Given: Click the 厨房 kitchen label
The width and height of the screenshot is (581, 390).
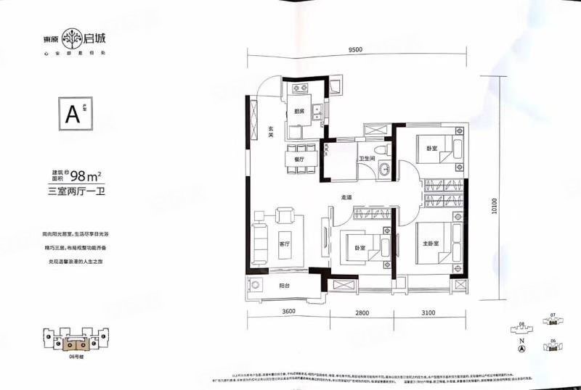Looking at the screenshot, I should pos(299,112).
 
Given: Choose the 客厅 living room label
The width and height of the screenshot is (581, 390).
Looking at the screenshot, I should pos(285,244).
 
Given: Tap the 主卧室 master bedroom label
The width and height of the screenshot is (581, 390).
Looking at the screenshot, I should pos(428,244).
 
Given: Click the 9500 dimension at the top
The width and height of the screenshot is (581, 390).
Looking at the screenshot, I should pos(354,50).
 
